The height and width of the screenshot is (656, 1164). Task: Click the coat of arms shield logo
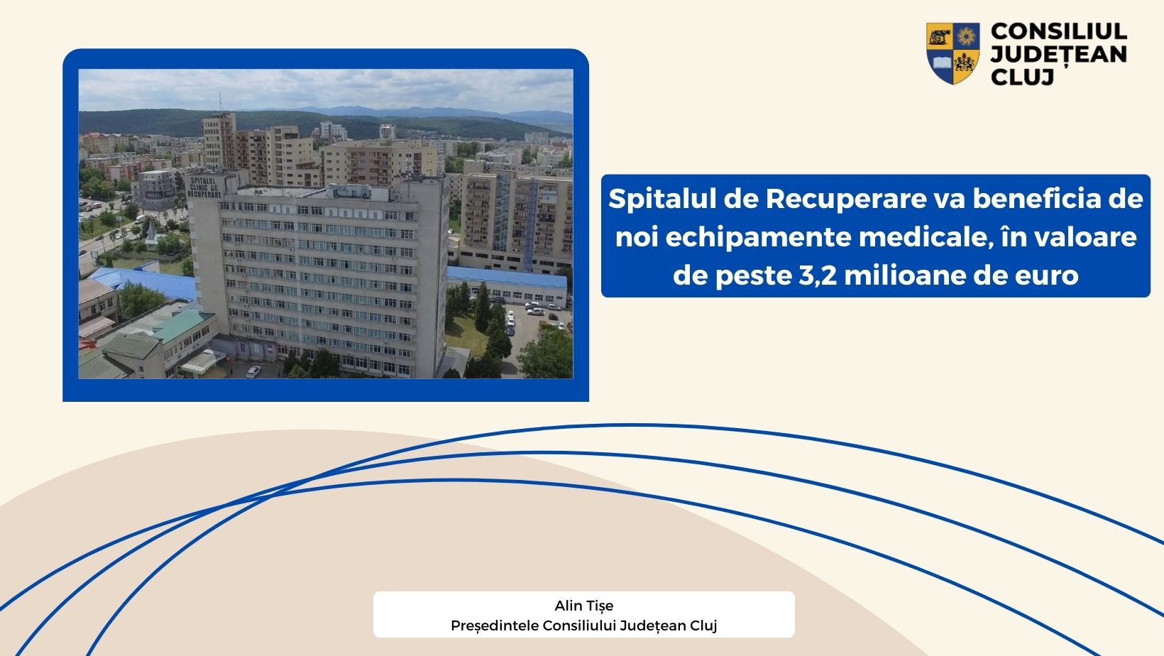[952, 53]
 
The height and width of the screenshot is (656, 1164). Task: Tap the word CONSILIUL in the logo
[1058, 32]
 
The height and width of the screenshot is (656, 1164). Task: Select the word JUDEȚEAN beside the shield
[1058, 55]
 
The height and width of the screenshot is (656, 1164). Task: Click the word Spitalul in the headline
[662, 199]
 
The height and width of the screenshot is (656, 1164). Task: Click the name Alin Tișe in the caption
[584, 606]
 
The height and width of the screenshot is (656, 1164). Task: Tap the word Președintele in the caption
[495, 625]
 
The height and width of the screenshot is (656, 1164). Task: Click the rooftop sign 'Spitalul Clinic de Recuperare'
[204, 186]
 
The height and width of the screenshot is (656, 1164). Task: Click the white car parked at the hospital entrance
[253, 371]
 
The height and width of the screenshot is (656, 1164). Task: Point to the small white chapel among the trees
[151, 234]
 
